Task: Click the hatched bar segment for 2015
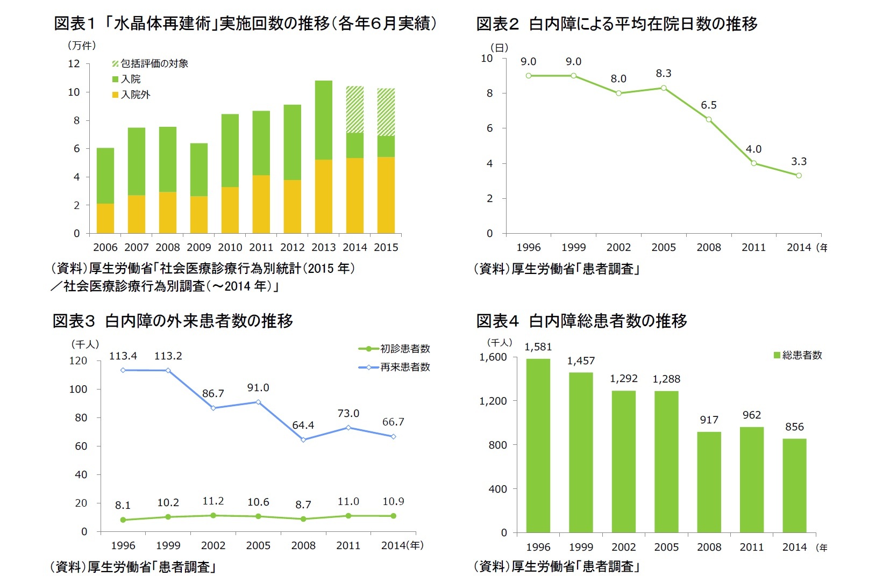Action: [x=386, y=112]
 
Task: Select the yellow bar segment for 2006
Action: [x=105, y=218]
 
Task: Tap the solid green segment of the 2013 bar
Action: [x=323, y=120]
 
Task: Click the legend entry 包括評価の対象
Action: [x=151, y=63]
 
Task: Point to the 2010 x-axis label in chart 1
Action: [x=230, y=247]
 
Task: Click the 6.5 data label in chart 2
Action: [x=708, y=105]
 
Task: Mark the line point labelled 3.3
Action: [x=799, y=176]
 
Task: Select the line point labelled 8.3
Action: [x=664, y=88]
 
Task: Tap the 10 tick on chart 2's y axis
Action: [x=487, y=59]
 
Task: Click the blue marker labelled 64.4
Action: [x=303, y=439]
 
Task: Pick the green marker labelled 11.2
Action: [x=213, y=515]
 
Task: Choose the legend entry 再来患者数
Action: [x=395, y=367]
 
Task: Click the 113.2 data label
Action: [x=168, y=356]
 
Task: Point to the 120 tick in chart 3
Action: [x=78, y=361]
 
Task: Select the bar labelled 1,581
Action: [x=538, y=445]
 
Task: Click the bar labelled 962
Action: [x=751, y=479]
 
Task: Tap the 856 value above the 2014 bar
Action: [x=794, y=427]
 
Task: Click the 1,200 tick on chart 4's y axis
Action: [x=493, y=401]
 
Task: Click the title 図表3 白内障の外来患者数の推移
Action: [x=173, y=321]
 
